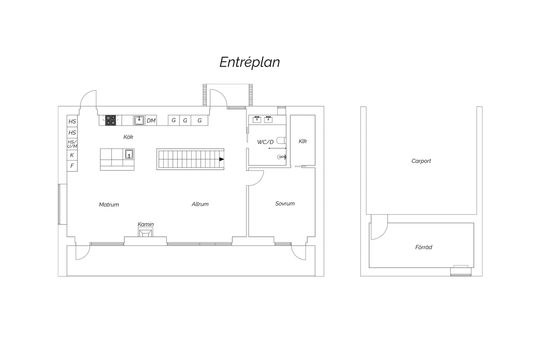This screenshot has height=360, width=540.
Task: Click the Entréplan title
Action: pos(249,62)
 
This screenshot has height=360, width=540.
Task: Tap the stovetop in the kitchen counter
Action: pos(111,120)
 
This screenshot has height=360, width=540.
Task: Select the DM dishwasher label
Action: pos(151,120)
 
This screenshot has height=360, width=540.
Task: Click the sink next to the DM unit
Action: pos(139,120)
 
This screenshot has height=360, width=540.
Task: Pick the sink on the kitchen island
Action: pos(129,154)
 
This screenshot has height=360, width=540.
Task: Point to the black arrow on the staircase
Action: pos(221,159)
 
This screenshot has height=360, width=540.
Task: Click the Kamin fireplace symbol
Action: pos(145,233)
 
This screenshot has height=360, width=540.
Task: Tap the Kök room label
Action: pos(128,137)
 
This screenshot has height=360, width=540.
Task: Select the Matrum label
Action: pos(109,204)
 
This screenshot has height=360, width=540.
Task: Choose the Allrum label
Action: pos(200,204)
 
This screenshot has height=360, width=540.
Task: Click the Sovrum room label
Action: pos(285,203)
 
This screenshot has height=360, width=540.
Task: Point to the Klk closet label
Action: pos(303,141)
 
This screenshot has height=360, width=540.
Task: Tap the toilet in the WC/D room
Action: pos(281,140)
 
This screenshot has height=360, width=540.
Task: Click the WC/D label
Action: pos(265,142)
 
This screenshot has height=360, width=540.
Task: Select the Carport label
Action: pos(421,161)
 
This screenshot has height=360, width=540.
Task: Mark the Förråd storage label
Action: pos(423,247)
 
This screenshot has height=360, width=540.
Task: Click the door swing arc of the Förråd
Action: pos(383,234)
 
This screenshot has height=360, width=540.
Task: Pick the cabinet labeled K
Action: pos(72,155)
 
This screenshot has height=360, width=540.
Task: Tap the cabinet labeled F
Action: pos(72,166)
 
